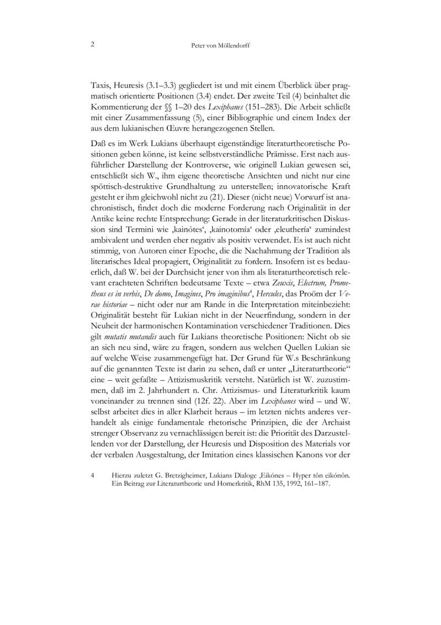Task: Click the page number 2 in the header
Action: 92,45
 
